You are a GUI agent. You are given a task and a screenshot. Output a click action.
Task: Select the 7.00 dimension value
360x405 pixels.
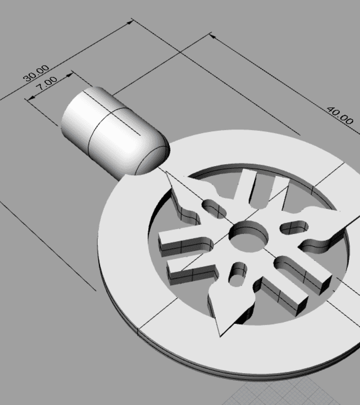tap(46, 84)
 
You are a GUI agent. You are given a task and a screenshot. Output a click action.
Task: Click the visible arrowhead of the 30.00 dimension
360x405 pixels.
tap(130, 22)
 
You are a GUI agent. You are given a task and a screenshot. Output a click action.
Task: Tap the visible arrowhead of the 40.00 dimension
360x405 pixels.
tap(212, 36)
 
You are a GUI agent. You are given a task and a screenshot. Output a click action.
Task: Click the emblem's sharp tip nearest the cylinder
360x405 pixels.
tap(167, 173)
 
